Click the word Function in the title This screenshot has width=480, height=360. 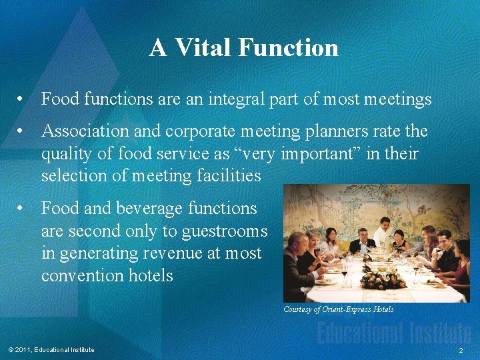287,48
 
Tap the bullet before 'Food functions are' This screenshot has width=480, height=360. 22,100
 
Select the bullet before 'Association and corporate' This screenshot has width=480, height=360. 22,132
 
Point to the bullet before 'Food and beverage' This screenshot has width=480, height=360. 22,209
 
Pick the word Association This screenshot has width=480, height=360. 86,132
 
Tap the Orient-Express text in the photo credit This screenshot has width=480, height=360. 346,309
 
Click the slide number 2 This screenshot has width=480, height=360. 460,350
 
